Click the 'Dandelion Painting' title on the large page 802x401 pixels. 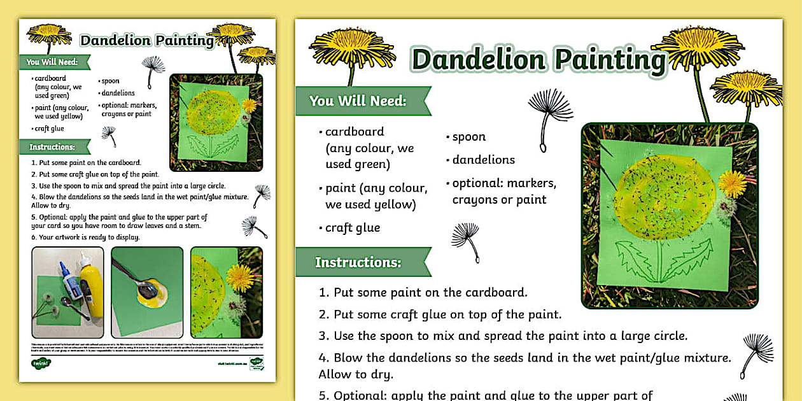click(x=538, y=60)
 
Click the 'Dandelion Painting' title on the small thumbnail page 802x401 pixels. click(x=146, y=41)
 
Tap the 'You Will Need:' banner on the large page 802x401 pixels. click(x=358, y=101)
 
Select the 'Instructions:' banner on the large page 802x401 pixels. click(x=358, y=262)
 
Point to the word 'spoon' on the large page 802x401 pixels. click(x=469, y=137)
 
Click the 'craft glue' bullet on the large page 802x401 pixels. click(x=352, y=228)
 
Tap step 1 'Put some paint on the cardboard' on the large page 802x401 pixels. click(x=423, y=293)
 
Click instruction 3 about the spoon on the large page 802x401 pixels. click(x=503, y=335)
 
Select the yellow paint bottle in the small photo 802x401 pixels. click(x=91, y=283)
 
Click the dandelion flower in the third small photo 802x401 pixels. click(x=240, y=278)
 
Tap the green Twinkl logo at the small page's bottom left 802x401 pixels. click(x=41, y=363)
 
